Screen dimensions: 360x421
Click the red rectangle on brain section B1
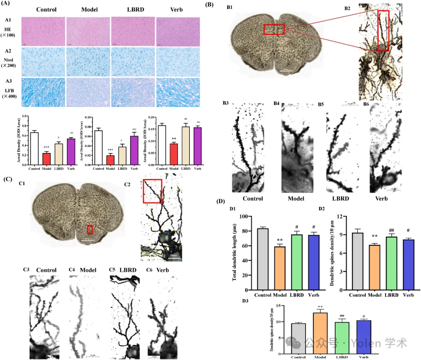274,29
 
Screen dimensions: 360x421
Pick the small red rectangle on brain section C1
90,229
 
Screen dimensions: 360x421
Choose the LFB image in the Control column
43,92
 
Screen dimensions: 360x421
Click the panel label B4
277,103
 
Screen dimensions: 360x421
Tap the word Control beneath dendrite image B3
253,198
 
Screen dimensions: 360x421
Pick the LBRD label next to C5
130,270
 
